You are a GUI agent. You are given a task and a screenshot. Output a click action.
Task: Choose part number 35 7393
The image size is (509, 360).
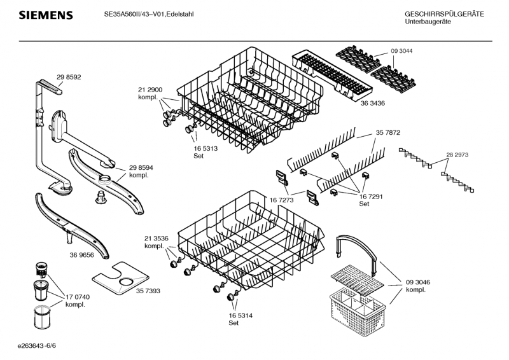(x=148, y=290)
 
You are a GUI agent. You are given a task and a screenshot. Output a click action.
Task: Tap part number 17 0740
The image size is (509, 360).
(x=78, y=297)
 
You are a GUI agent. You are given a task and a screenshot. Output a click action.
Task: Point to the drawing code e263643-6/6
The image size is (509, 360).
(x=41, y=346)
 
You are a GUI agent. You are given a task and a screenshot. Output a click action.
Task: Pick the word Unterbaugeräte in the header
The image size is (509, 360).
(x=428, y=22)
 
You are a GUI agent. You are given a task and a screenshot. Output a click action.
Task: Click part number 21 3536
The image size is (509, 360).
(x=156, y=238)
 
